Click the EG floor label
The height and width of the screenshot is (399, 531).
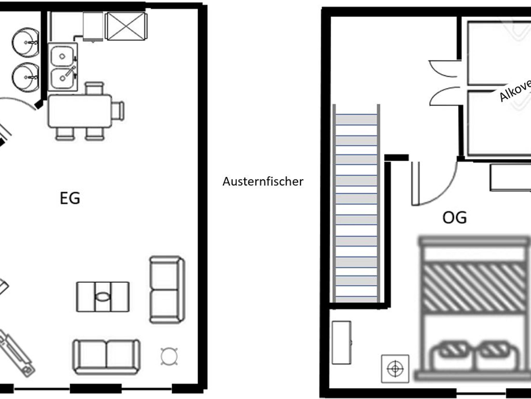(70, 198)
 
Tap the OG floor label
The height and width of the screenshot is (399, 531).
(454, 217)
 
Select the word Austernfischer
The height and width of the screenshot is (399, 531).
(263, 181)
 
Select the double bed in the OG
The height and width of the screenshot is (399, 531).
(474, 309)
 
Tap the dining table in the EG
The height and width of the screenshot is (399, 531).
(80, 111)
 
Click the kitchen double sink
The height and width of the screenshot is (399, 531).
(62, 67)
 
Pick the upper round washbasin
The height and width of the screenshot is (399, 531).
(26, 43)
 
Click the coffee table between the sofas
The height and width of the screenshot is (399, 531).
(103, 297)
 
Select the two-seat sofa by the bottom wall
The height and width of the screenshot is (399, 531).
(106, 357)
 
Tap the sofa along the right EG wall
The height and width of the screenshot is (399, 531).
(167, 290)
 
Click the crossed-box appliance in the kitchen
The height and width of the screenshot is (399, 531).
(126, 26)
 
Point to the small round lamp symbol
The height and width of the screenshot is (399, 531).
(169, 356)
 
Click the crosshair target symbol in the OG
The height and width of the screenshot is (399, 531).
(395, 368)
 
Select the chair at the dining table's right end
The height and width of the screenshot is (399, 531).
(118, 111)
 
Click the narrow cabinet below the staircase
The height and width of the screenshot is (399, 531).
(341, 342)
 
